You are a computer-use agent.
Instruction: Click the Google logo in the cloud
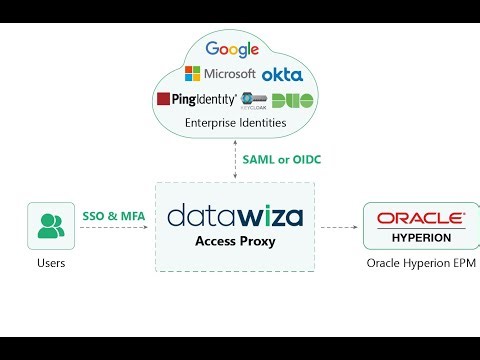point(231,49)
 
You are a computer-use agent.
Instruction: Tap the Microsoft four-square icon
point(192,74)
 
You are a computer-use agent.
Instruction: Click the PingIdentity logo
point(196,99)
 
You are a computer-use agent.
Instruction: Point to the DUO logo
point(293,100)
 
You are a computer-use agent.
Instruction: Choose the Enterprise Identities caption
point(234,123)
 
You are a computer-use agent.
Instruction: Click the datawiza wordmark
point(234,215)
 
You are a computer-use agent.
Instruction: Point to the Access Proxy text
point(235,241)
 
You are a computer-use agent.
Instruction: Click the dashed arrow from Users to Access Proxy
point(115,228)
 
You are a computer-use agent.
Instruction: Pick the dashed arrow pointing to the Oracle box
point(338,228)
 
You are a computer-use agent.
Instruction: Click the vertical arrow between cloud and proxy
point(236,160)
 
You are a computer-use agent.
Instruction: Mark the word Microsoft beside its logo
point(229,74)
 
